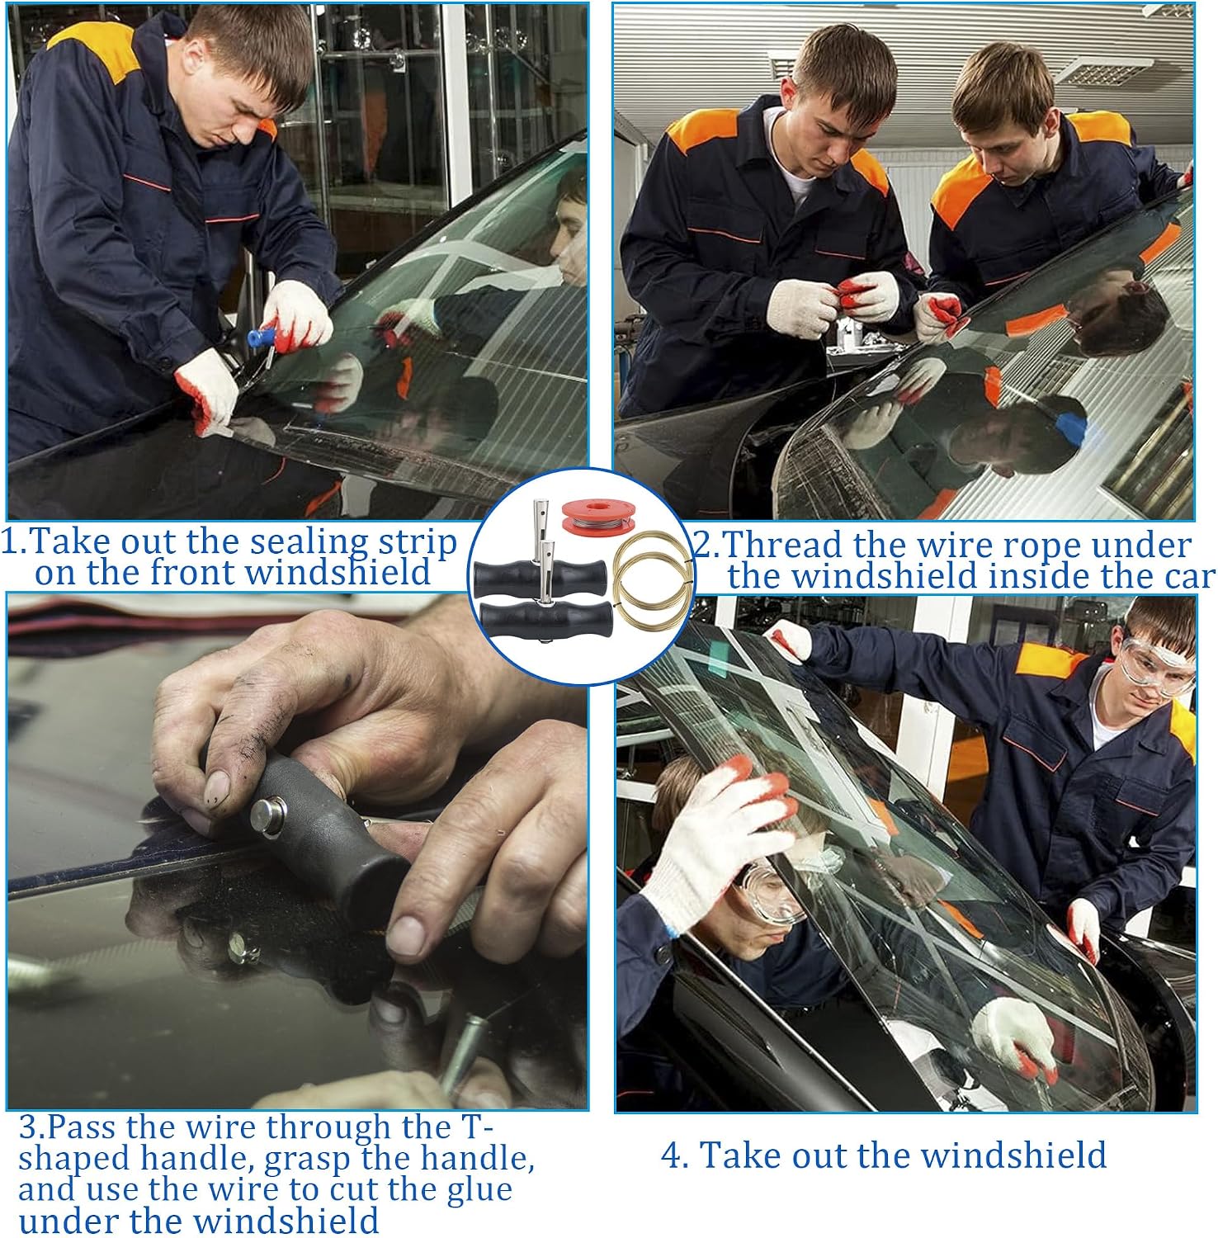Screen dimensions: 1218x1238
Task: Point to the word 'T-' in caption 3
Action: tap(474, 1127)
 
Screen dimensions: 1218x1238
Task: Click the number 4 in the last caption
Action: tap(673, 1155)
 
